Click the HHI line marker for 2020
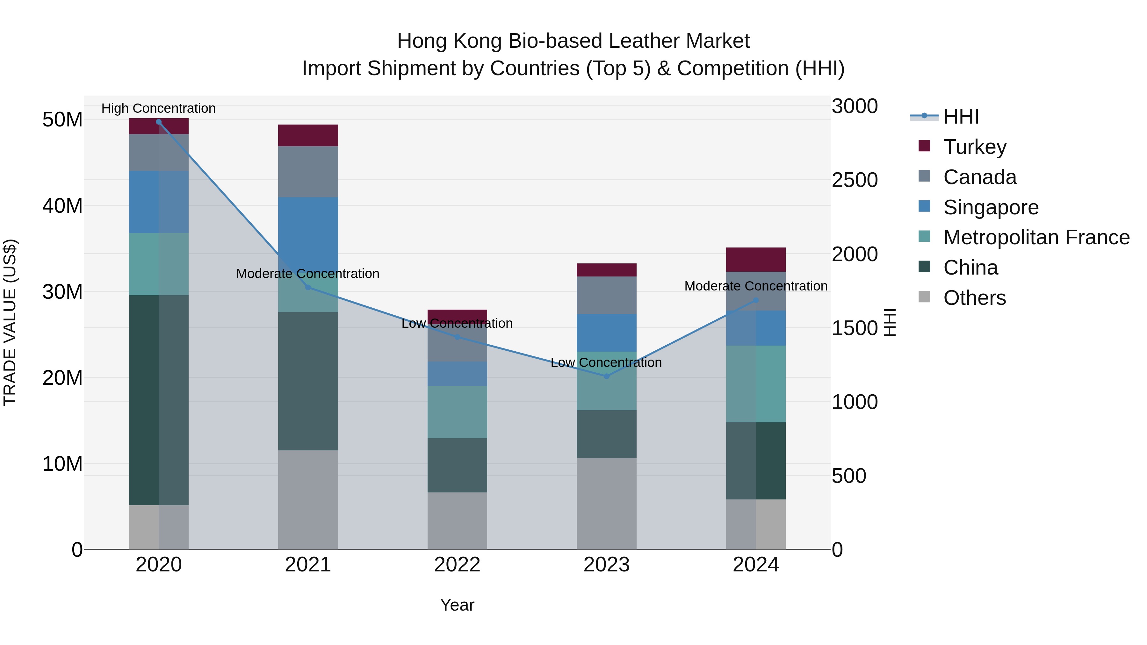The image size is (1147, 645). point(159,122)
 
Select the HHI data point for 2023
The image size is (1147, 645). point(606,376)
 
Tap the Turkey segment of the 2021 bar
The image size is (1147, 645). point(308,135)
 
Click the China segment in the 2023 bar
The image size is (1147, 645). point(606,434)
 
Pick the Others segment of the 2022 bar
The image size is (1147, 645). point(457,521)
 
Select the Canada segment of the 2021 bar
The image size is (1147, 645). point(308,171)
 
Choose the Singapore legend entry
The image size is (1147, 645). point(990,207)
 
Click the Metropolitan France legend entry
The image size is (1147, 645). point(1036,237)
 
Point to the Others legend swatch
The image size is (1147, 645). point(924,297)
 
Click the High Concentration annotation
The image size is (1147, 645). point(159,108)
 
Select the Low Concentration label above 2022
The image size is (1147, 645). point(457,323)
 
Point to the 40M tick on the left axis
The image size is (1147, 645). point(62,206)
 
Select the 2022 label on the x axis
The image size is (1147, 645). point(457,565)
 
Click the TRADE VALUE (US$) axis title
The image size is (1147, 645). point(10,322)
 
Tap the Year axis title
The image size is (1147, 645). point(457,605)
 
